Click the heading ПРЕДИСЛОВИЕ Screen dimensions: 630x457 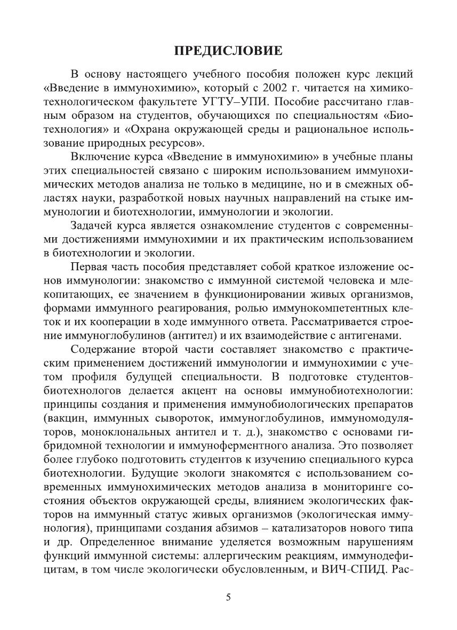click(x=228, y=52)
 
